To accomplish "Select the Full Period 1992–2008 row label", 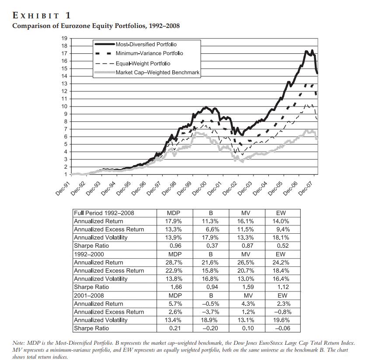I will pos(104,213).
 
